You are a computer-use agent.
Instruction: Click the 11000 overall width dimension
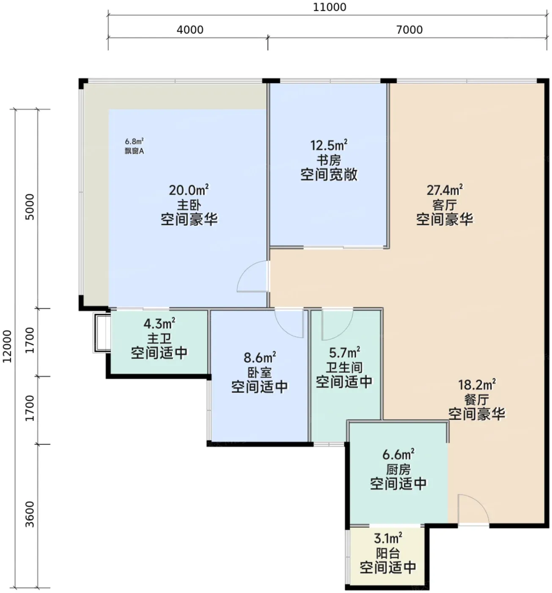[x=329, y=7]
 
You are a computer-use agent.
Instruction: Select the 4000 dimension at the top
[x=190, y=30]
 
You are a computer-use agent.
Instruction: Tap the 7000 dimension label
[x=409, y=30]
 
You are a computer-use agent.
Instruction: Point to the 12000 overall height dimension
[x=7, y=346]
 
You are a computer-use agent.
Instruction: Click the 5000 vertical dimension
[x=30, y=207]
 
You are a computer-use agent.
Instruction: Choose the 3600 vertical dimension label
[x=30, y=514]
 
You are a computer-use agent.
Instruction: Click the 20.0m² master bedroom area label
[x=189, y=190]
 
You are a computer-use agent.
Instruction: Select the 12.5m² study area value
[x=329, y=145]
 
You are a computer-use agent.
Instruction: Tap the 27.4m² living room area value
[x=445, y=190]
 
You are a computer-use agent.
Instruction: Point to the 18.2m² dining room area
[x=477, y=385]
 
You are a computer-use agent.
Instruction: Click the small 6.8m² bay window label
[x=134, y=141]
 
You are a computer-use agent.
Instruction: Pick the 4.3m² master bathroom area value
[x=159, y=323]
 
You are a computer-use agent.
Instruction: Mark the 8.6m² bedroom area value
[x=259, y=357]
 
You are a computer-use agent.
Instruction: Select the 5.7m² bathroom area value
[x=344, y=353]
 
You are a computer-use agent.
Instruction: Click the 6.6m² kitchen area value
[x=398, y=455]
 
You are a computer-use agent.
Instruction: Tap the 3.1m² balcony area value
[x=388, y=538]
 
